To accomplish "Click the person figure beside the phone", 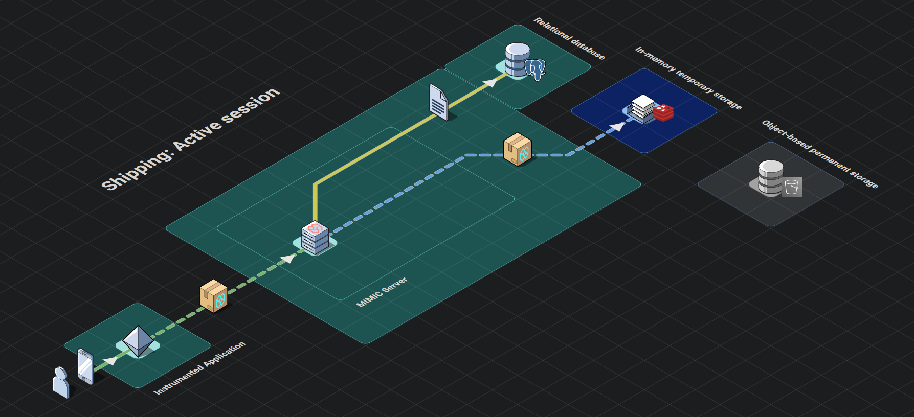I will tap(61, 382).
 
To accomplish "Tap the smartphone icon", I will tap(85, 366).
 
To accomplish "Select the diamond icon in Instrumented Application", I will tap(138, 341).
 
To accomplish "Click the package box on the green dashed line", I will tap(213, 295).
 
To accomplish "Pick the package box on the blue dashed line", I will tap(518, 149).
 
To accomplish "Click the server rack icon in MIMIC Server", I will tap(315, 238).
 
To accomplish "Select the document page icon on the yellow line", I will tap(438, 103).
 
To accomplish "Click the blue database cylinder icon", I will tap(517, 59).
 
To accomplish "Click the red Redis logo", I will tap(663, 112).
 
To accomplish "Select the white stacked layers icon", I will tap(642, 108).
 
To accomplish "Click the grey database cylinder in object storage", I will tap(770, 177).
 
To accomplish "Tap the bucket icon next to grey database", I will tap(791, 187).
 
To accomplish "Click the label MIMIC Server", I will tap(382, 292).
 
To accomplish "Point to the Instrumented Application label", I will tap(199, 368).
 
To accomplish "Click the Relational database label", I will tap(569, 38).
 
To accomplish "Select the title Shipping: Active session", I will tap(191, 138).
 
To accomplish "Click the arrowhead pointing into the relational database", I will tap(490, 82).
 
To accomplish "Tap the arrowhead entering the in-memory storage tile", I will tap(618, 126).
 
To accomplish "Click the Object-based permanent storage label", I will tap(819, 154).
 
